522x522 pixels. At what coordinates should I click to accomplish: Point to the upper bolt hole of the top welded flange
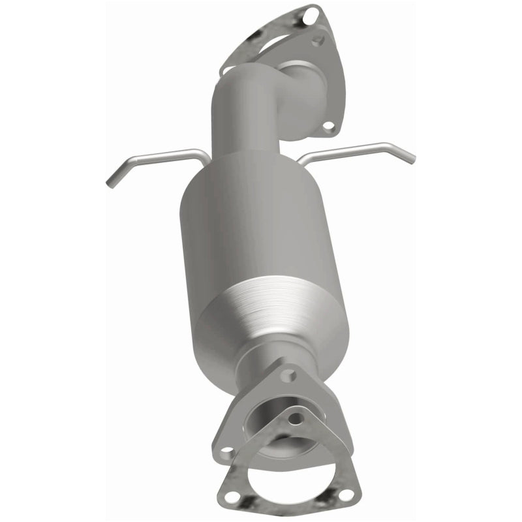pyautogui.click(x=318, y=40)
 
